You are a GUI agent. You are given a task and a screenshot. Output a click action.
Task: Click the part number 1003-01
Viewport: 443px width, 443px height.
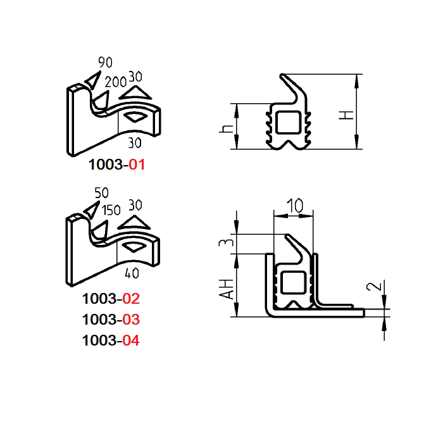tap(117, 165)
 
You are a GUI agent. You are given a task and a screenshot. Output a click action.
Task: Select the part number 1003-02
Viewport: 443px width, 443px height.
tap(111, 298)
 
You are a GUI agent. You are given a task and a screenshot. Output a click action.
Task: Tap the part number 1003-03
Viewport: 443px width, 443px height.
tap(111, 319)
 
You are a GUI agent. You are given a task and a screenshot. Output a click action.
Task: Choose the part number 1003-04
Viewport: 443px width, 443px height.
tap(111, 340)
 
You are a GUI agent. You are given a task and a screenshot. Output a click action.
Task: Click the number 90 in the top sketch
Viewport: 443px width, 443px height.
tap(105, 62)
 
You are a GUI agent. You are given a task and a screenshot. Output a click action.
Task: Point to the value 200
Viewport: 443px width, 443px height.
tap(115, 82)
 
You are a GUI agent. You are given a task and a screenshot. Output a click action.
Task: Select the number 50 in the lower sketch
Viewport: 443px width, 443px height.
tap(101, 192)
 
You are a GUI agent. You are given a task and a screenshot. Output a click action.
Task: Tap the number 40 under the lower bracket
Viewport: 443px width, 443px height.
tap(132, 273)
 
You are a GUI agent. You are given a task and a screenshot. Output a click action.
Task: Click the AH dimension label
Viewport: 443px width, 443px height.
tap(224, 288)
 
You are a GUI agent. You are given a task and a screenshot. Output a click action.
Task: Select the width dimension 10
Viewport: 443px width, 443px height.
tap(294, 206)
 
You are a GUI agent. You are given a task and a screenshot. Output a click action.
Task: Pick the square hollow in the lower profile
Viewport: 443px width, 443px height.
tap(294, 283)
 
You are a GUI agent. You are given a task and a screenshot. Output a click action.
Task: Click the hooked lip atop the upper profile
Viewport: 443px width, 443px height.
tap(292, 85)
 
